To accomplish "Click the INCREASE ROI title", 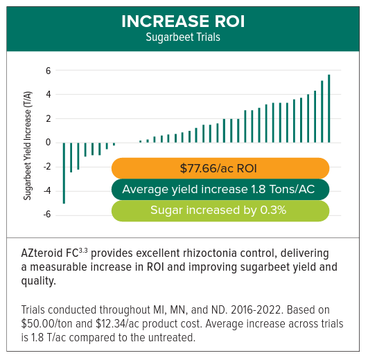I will [x=183, y=21].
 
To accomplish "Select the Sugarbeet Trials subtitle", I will [x=183, y=37].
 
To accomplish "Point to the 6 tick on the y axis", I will [x=49, y=71].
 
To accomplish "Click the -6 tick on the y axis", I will [x=46, y=215].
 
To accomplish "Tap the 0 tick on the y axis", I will [x=49, y=143].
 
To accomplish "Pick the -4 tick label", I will [x=46, y=190].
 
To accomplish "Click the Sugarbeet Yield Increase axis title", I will [x=28, y=140].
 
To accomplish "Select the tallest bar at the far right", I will [x=328, y=108].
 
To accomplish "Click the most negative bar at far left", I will [x=64, y=173].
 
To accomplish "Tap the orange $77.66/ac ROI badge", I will [x=220, y=168].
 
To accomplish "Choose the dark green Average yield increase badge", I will [x=220, y=189].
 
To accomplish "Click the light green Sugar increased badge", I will [x=220, y=210].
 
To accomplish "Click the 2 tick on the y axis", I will [x=49, y=118].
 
